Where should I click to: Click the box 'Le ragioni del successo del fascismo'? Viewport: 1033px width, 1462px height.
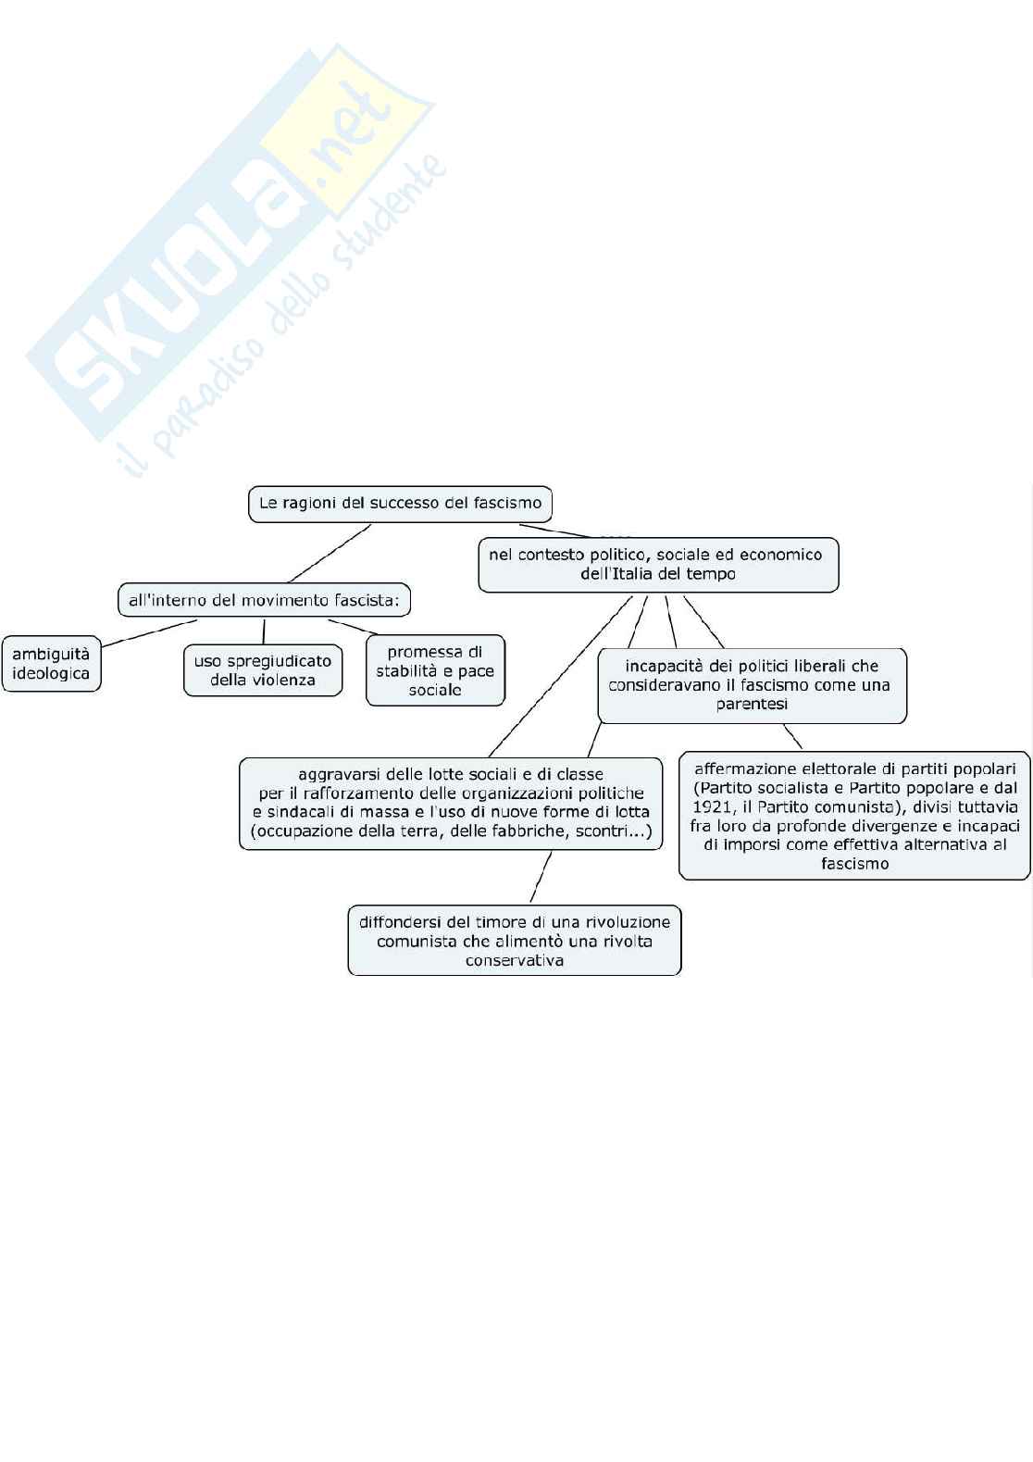tap(400, 504)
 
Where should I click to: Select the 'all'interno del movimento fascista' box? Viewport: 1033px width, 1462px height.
tap(264, 600)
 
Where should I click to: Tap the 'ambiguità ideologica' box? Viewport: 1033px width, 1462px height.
tap(51, 664)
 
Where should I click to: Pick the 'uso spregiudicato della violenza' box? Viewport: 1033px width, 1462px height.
tap(263, 670)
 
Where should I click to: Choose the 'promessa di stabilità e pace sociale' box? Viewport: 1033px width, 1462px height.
tap(435, 671)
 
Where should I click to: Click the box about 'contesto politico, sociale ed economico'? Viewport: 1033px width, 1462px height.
tap(657, 564)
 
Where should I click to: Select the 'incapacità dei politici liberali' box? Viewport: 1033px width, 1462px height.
tap(752, 685)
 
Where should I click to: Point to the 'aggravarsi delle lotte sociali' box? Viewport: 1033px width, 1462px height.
tap(451, 803)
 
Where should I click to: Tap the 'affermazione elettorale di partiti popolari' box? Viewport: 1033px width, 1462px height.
tap(854, 816)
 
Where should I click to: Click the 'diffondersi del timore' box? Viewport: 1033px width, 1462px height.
tap(515, 941)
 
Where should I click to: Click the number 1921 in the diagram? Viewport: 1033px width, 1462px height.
tap(714, 806)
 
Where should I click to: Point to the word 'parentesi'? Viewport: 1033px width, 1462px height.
tap(752, 705)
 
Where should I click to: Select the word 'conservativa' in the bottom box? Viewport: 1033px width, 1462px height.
tap(515, 960)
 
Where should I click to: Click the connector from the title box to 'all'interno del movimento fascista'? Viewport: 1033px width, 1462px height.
tap(330, 554)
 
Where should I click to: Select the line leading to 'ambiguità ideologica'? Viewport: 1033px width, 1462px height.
tap(148, 633)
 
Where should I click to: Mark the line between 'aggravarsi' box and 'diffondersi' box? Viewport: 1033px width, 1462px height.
tap(541, 877)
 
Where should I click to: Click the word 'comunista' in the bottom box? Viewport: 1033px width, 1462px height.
tap(417, 942)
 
